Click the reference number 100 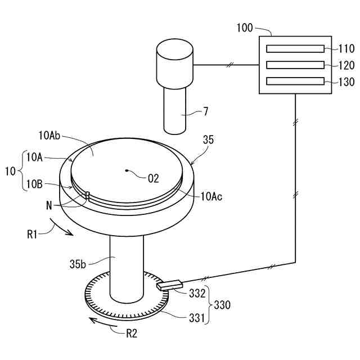pos(245,27)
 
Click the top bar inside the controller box pos(295,49)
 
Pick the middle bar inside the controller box pos(295,65)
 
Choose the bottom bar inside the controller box pos(295,81)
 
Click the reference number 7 pos(205,111)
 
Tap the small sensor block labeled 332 pos(167,286)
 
